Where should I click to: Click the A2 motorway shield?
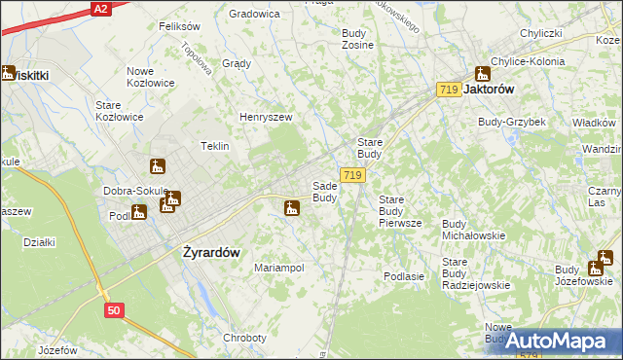click(100, 8)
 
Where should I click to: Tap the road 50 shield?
click(115, 309)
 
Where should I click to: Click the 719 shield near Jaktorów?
click(448, 90)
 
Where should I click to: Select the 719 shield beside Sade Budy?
click(353, 175)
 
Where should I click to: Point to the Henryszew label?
click(266, 117)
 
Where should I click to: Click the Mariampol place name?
click(278, 267)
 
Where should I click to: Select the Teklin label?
click(214, 146)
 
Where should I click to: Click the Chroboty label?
click(244, 338)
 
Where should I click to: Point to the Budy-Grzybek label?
click(511, 122)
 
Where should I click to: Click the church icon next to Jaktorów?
click(482, 73)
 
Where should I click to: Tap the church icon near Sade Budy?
click(291, 207)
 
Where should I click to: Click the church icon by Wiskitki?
click(8, 72)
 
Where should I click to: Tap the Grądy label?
click(237, 63)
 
